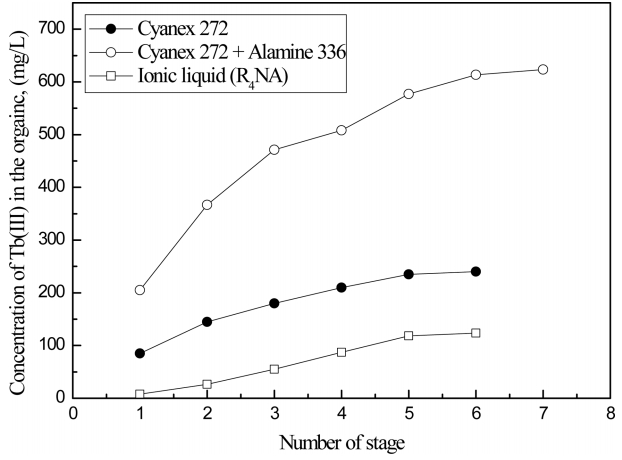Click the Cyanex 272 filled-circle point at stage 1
tap(140, 353)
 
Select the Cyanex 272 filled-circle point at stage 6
tap(476, 272)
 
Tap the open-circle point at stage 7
tap(543, 69)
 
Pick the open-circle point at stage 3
tap(274, 150)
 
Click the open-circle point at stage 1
tap(140, 290)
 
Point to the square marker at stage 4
tap(341, 352)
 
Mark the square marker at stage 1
tap(140, 395)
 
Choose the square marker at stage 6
tap(476, 333)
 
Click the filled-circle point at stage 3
tap(274, 303)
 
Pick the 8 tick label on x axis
tap(610, 412)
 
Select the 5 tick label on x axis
tap(409, 412)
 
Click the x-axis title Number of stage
tap(341, 440)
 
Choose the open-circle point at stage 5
tap(409, 94)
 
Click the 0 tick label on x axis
tap(73, 412)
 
